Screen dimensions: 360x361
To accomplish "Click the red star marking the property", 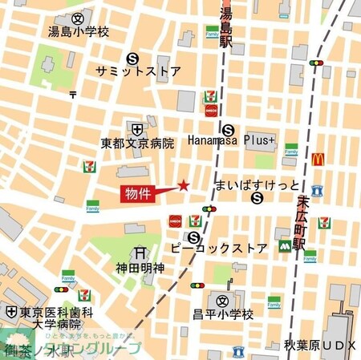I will tap(183, 186).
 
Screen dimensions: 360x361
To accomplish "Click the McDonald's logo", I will tap(318, 159).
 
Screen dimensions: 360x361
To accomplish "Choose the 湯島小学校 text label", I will tap(78, 33).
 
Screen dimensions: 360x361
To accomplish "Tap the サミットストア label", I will tap(137, 71).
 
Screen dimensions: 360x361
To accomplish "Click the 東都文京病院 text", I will tap(137, 144).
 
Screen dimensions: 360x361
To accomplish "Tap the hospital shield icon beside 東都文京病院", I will tap(137, 128).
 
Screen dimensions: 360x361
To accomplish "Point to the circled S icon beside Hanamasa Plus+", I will tap(229, 128).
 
